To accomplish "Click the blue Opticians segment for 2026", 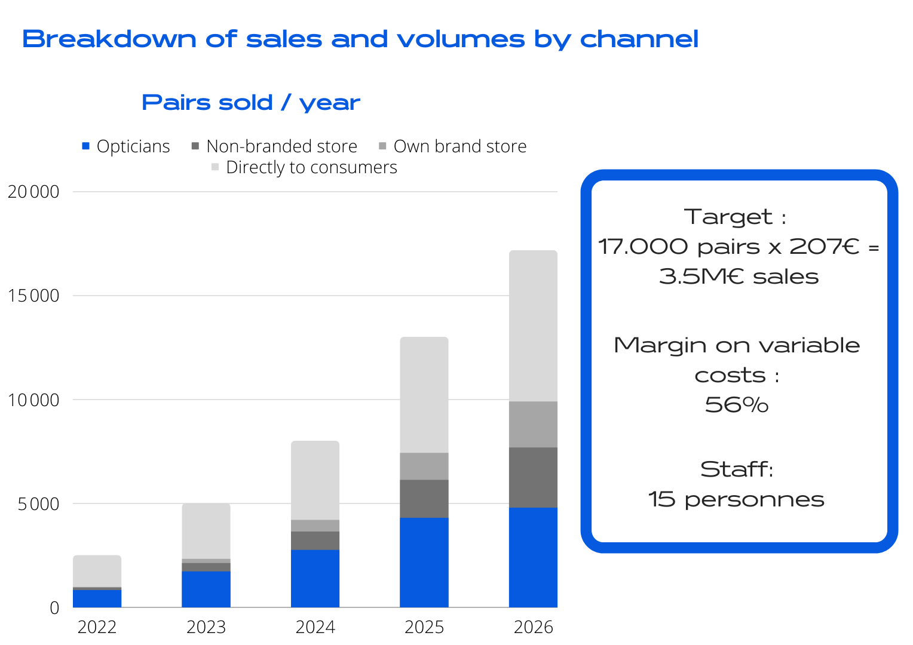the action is (x=533, y=557).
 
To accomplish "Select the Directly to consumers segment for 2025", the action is (x=424, y=394).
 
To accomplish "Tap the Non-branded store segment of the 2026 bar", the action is (x=533, y=477).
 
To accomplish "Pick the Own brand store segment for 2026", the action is (x=533, y=424).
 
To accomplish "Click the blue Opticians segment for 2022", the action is (x=97, y=598).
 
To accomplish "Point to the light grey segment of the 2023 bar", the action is (x=206, y=531).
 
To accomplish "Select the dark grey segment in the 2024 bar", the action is (x=315, y=540).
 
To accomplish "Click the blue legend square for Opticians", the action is (x=85, y=146).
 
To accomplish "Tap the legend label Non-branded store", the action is (x=281, y=146).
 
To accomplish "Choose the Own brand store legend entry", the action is (x=459, y=146).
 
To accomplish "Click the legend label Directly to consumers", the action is (x=311, y=167).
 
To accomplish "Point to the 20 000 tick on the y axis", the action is (x=33, y=192).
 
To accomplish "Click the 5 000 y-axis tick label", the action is (x=38, y=504).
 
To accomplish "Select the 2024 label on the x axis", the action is (x=315, y=627).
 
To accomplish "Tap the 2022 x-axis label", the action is (x=97, y=627).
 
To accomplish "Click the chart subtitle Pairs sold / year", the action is (x=251, y=103).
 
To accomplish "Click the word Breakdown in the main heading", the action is (x=109, y=39).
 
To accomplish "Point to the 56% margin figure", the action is (x=737, y=404).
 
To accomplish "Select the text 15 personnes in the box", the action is (x=737, y=499).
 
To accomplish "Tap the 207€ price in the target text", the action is (x=824, y=247).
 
